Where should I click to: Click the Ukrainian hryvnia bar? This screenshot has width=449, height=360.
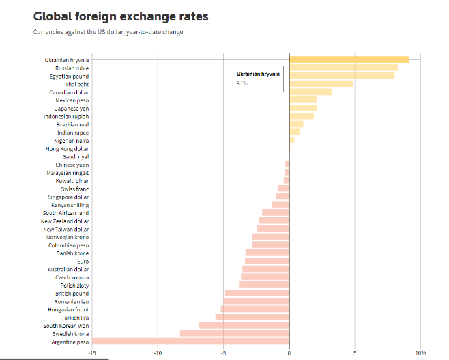tap(349, 59)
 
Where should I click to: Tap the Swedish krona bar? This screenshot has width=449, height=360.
tap(234, 333)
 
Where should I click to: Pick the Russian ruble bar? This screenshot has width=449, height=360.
tap(343, 68)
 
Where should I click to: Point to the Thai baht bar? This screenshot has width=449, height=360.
tap(321, 84)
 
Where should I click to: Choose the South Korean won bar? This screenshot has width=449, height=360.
tap(244, 325)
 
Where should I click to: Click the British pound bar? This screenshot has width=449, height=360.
tap(257, 293)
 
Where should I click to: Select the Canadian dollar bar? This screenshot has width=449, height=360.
tap(310, 92)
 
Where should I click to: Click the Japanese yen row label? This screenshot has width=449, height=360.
tap(72, 108)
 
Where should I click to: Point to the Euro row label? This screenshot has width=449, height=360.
tap(83, 261)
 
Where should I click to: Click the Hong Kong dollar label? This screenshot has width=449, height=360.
tap(67, 148)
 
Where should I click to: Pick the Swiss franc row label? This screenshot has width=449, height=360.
tap(74, 189)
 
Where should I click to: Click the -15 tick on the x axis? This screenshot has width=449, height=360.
tap(91, 352)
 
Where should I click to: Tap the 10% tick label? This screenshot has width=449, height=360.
tap(420, 352)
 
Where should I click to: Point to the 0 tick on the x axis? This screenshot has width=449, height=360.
tap(289, 352)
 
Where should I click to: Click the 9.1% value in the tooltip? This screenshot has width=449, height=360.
tap(242, 83)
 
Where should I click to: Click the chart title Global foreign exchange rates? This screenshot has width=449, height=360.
tap(121, 16)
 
